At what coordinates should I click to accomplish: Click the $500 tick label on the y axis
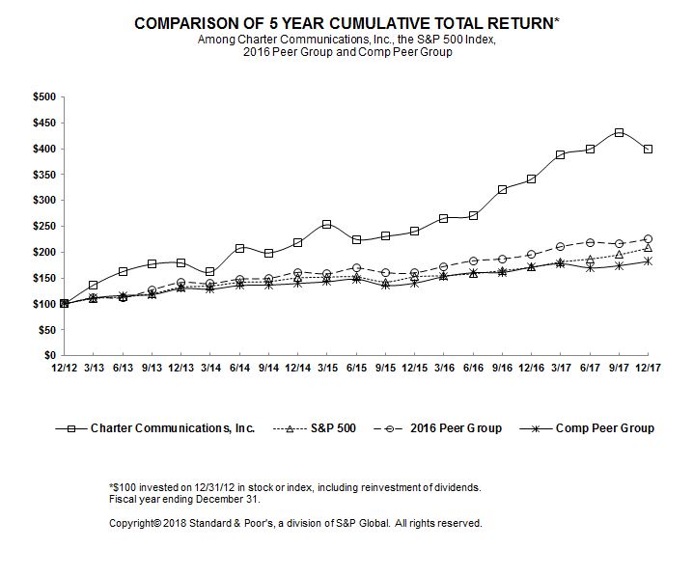(43, 96)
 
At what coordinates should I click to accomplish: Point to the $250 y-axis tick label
(43, 226)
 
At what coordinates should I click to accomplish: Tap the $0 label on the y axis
(49, 356)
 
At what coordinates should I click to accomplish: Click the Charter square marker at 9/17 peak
(619, 132)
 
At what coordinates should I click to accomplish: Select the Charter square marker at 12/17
(648, 149)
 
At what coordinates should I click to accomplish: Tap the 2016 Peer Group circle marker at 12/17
(648, 238)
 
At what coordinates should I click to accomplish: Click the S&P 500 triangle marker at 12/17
(648, 248)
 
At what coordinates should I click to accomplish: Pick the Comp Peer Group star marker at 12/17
(648, 261)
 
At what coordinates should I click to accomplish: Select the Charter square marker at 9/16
(502, 189)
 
